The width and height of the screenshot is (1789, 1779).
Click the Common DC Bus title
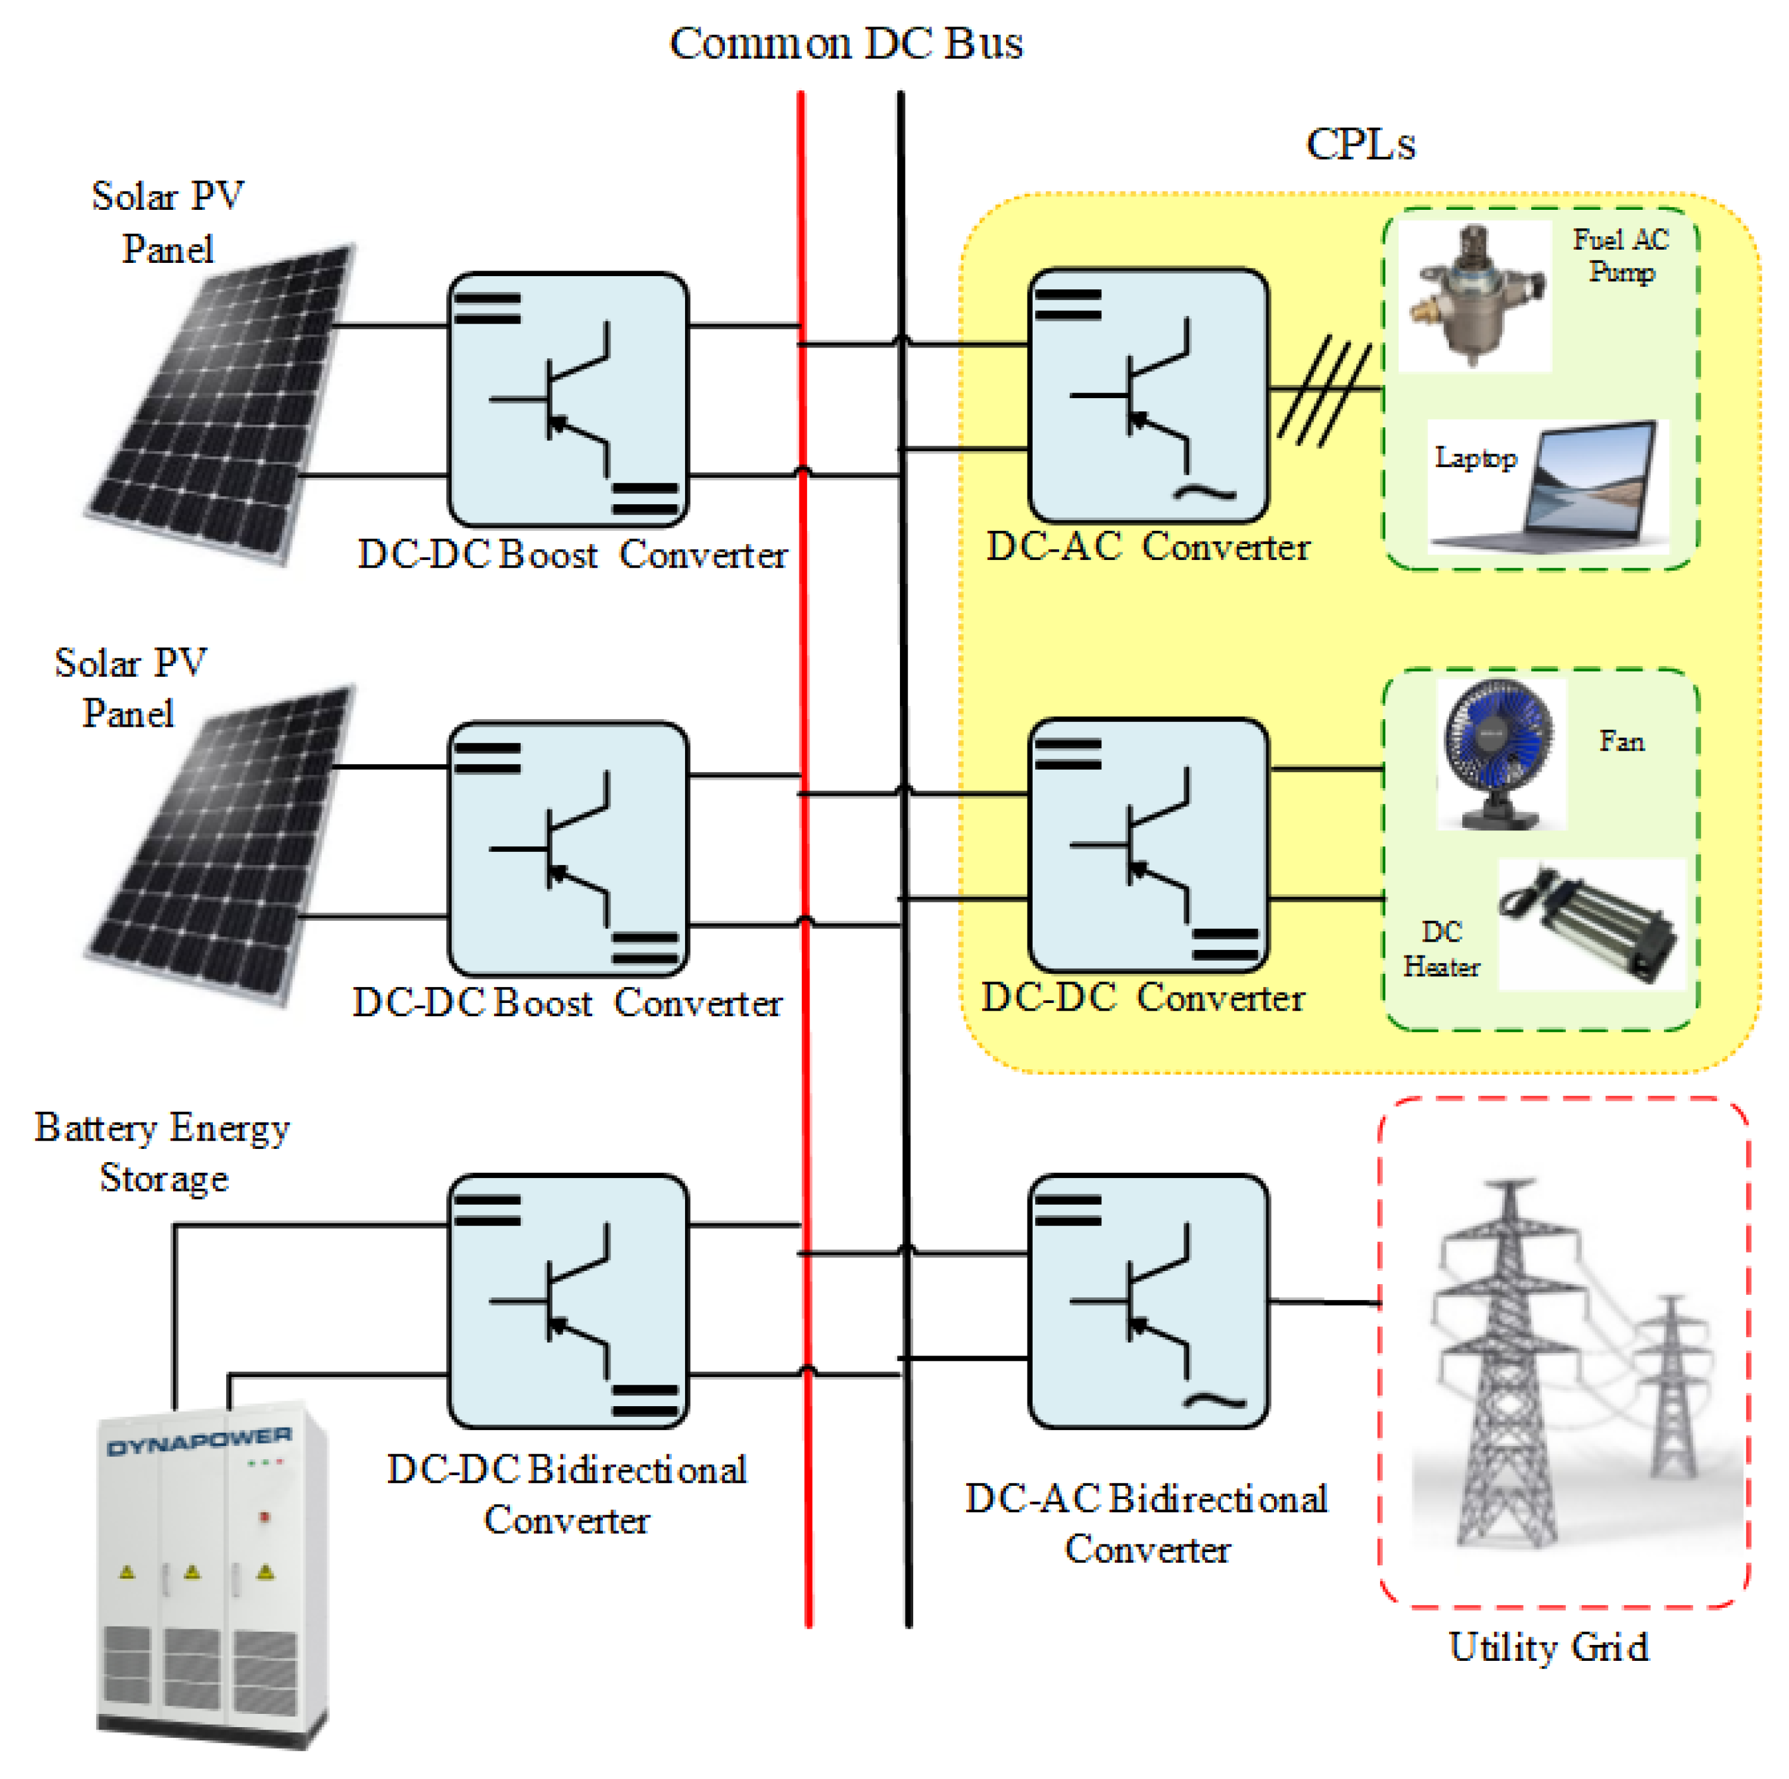pyautogui.click(x=846, y=44)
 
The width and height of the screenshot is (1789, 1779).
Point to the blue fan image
pyautogui.click(x=1498, y=752)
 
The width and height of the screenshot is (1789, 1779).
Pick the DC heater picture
pyautogui.click(x=1589, y=924)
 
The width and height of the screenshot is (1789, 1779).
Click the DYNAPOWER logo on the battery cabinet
pyautogui.click(x=199, y=1441)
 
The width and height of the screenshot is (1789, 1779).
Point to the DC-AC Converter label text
pyautogui.click(x=1148, y=547)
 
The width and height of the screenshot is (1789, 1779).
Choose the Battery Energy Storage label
pyautogui.click(x=163, y=1152)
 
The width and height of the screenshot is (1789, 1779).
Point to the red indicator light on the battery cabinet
pyautogui.click(x=264, y=1517)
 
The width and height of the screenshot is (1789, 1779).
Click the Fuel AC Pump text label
pyautogui.click(x=1620, y=255)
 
